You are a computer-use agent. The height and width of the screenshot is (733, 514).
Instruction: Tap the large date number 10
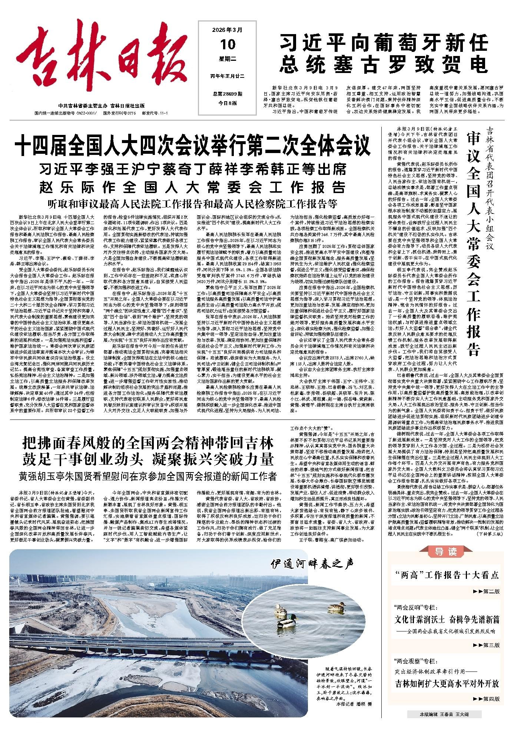click(228, 44)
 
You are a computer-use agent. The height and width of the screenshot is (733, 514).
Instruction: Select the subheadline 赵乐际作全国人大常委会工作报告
click(193, 186)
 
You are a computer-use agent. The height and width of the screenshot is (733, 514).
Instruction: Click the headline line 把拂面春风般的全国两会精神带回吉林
click(148, 442)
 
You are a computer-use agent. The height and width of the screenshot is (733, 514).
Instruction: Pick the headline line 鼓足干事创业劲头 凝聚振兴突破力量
click(148, 459)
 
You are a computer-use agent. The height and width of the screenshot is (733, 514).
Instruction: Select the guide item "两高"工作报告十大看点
click(446, 575)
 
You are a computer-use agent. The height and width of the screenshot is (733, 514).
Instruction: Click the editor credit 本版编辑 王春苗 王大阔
click(444, 714)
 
